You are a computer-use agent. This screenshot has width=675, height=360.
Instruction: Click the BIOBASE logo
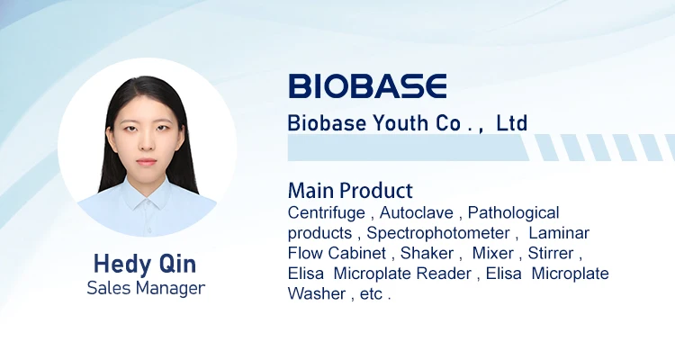pyautogui.click(x=367, y=85)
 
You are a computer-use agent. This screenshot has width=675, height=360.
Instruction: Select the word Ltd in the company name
pyautogui.click(x=511, y=123)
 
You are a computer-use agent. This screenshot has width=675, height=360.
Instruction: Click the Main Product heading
pyautogui.click(x=350, y=191)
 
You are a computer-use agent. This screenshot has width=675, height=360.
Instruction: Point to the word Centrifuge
pyautogui.click(x=326, y=213)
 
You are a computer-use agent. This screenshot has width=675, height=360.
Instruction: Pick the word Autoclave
pyautogui.click(x=415, y=213)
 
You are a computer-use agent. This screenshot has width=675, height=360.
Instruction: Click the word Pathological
pyautogui.click(x=513, y=213)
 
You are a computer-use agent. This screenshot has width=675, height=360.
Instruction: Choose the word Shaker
pyautogui.click(x=427, y=253)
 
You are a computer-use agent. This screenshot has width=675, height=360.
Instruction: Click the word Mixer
pyautogui.click(x=492, y=253)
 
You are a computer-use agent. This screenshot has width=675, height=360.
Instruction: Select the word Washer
pyautogui.click(x=315, y=293)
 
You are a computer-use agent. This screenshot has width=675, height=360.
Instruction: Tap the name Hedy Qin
pyautogui.click(x=146, y=264)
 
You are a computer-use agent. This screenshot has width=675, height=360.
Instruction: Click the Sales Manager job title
pyautogui.click(x=146, y=288)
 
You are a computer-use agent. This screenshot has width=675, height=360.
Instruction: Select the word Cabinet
pyautogui.click(x=355, y=253)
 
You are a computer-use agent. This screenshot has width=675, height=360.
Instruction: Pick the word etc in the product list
pyautogui.click(x=371, y=293)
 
